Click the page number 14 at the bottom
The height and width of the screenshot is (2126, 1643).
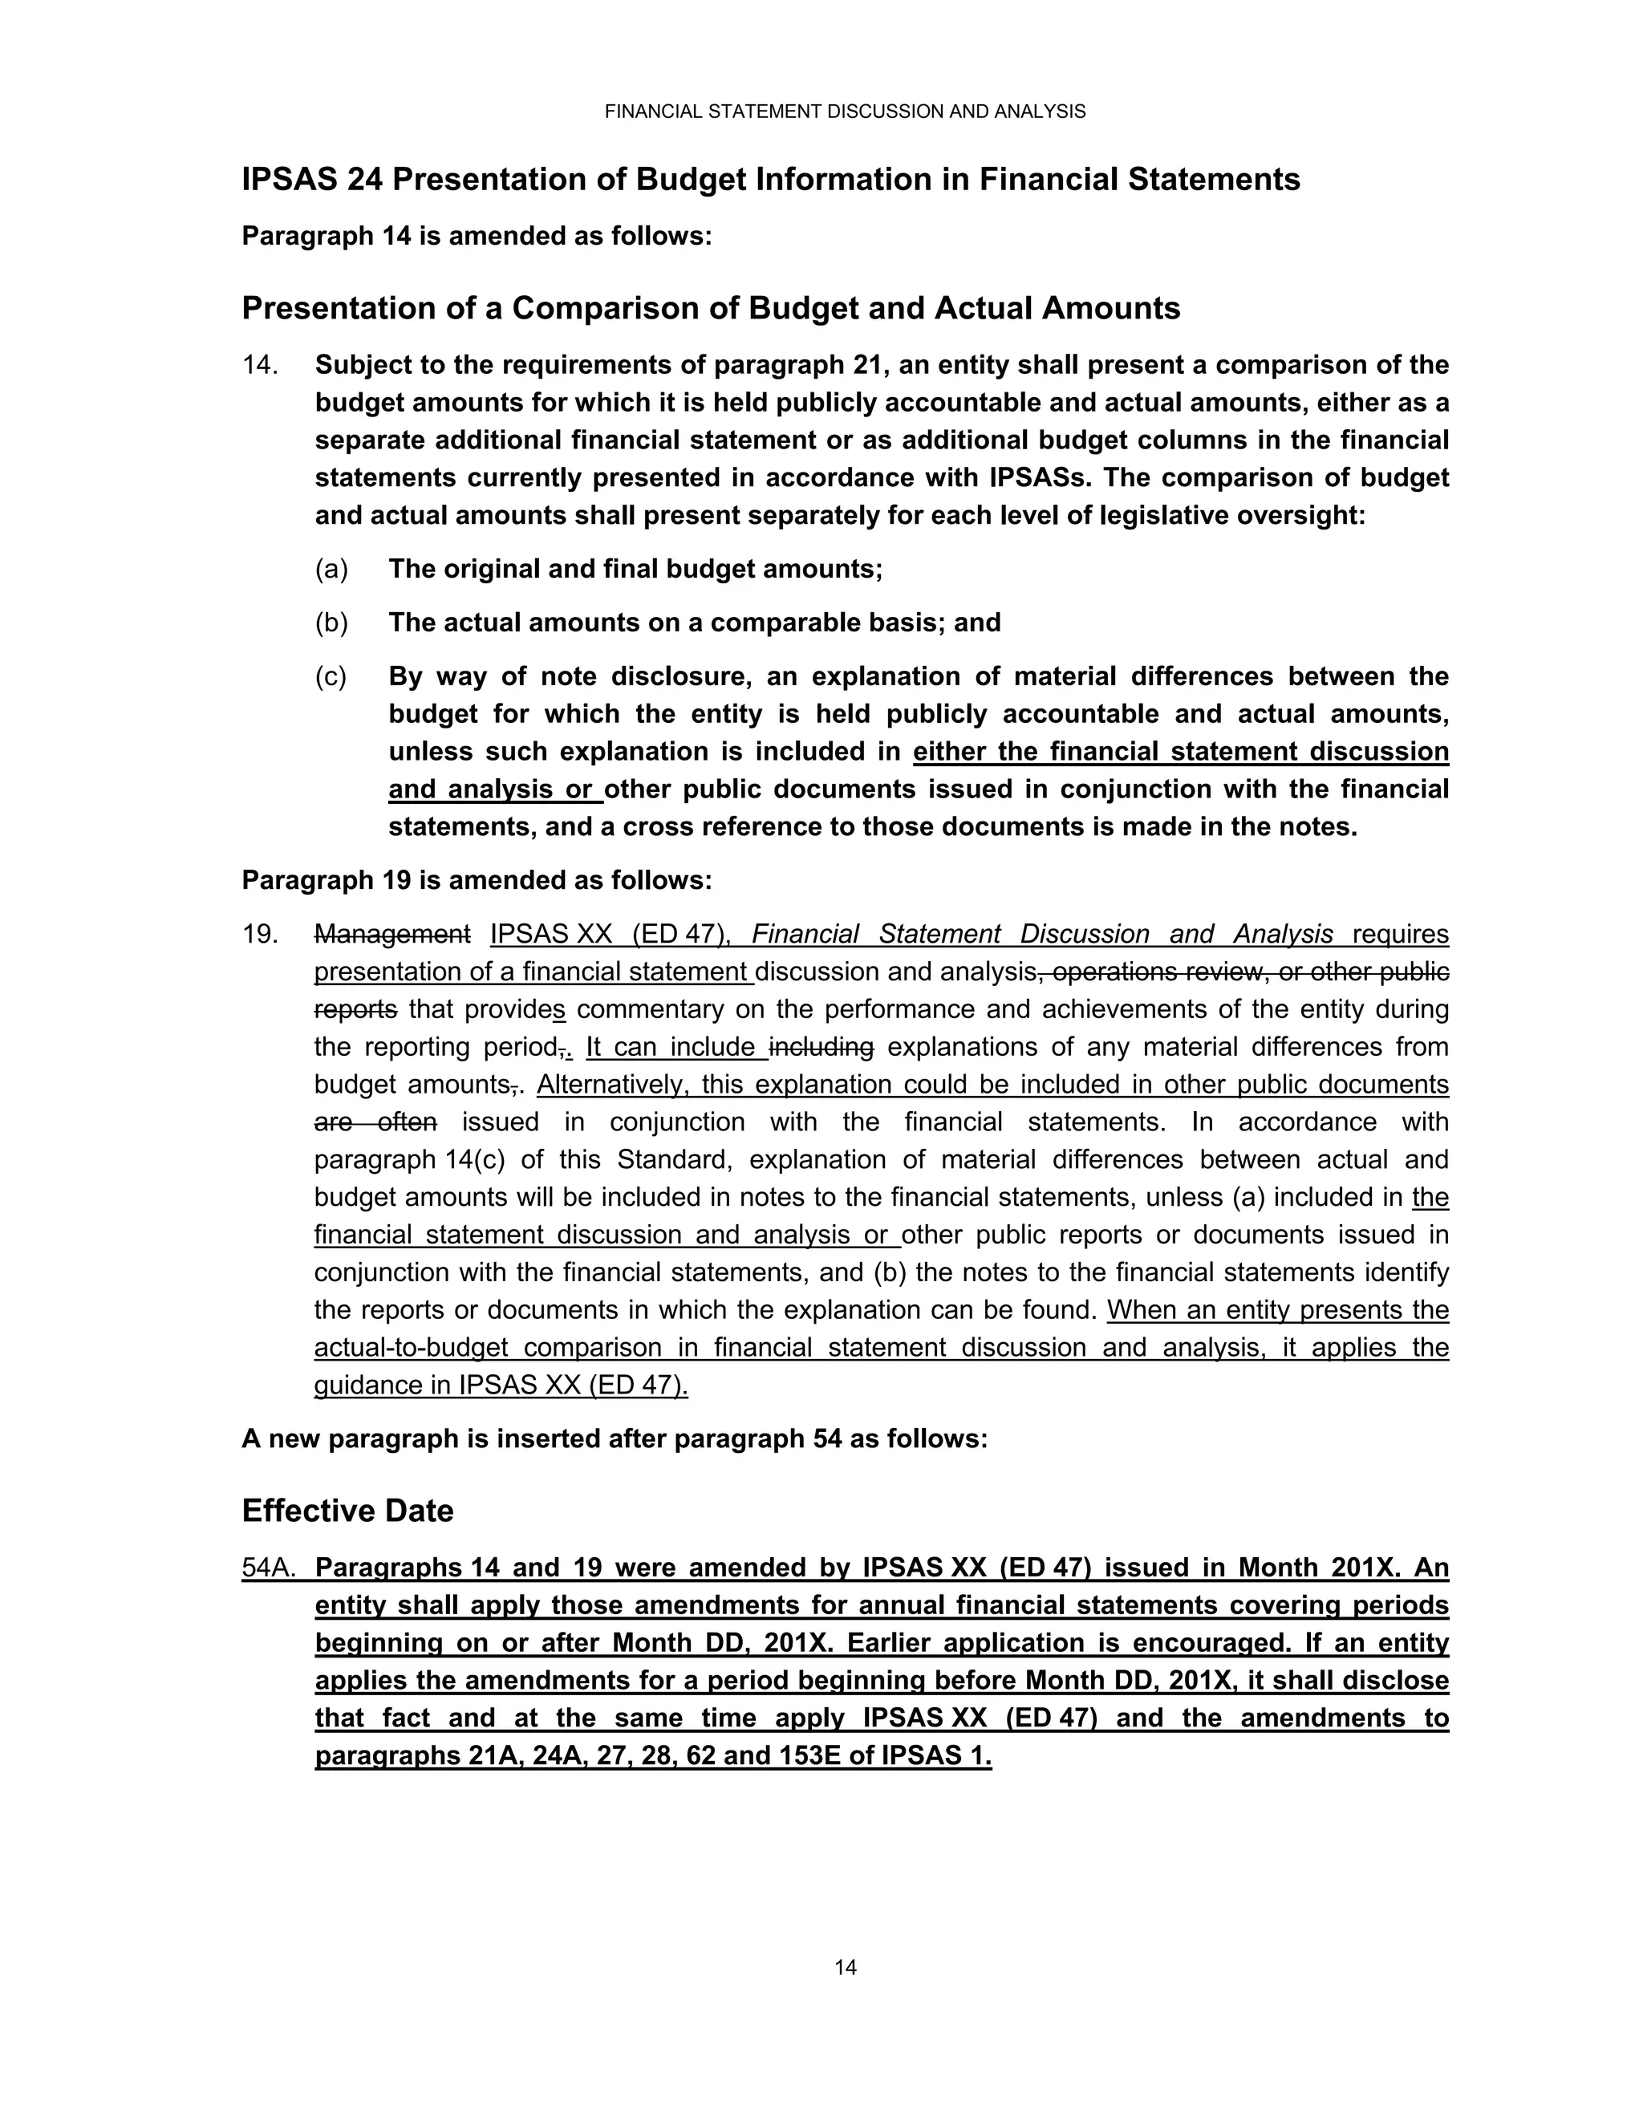845,1967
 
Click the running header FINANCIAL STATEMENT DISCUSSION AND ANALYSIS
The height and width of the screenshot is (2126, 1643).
845,112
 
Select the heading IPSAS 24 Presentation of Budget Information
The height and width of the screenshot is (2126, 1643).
770,180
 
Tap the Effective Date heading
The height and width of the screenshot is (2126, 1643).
347,1511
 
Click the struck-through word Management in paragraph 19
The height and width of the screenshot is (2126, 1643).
392,935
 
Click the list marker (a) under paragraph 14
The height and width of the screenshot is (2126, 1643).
331,570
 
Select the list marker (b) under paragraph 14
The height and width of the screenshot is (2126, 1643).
331,623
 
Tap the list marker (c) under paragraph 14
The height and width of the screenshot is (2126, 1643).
331,676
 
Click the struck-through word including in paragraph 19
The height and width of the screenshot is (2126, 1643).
821,1048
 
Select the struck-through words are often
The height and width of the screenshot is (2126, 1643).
375,1122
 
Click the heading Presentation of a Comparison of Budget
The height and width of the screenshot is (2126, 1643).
711,309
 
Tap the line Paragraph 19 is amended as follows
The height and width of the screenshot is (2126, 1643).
477,881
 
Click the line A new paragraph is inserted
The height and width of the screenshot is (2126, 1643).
615,1438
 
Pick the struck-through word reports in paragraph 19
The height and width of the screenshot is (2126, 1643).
355,1009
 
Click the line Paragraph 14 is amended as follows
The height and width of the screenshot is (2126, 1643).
477,237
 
